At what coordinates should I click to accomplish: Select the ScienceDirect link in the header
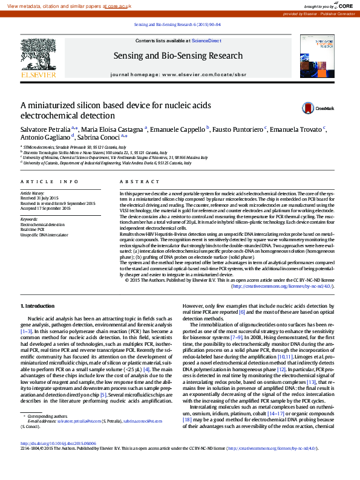tap(206, 41)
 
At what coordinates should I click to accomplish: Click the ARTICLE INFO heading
tap(50, 181)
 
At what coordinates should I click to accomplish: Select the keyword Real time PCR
tap(33, 230)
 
